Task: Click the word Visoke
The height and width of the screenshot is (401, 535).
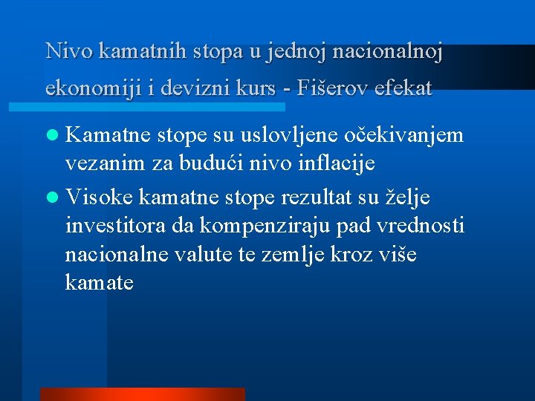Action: click(100, 198)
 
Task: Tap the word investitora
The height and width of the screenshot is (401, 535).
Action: click(115, 226)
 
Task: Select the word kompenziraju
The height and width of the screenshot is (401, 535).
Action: click(281, 226)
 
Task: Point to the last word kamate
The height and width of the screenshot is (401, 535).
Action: click(100, 282)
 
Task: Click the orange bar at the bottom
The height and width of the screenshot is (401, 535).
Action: click(142, 394)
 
